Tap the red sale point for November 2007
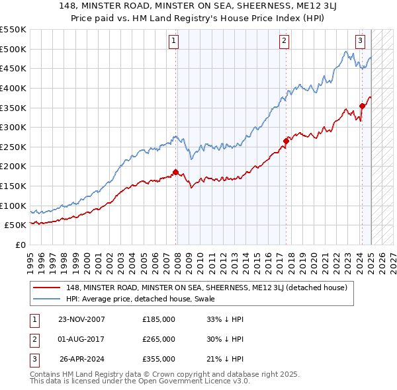click(175, 172)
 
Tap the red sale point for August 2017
click(286, 140)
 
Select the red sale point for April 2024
click(362, 105)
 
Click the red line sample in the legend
click(47, 288)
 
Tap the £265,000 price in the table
click(159, 339)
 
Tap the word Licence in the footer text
click(198, 381)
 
